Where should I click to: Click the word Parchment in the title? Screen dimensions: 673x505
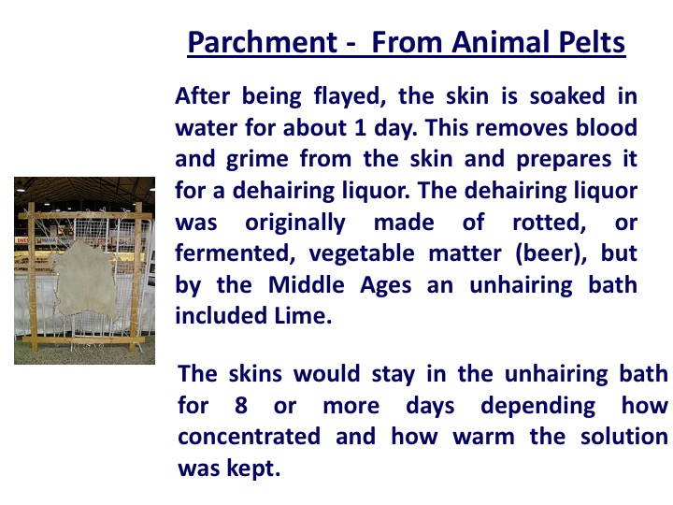(263, 43)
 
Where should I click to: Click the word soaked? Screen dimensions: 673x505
(567, 95)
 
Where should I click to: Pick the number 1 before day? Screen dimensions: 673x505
(360, 127)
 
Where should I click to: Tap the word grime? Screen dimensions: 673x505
(257, 160)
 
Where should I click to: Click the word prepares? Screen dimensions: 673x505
(564, 160)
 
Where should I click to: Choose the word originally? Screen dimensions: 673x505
(294, 223)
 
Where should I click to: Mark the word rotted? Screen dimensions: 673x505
(550, 223)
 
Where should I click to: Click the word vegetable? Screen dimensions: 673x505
(362, 253)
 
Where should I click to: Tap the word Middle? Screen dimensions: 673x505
(306, 284)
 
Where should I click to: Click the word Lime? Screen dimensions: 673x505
(303, 316)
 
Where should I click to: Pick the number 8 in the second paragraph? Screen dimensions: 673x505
(241, 405)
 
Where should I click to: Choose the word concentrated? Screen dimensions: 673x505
(249, 437)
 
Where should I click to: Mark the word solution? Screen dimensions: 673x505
(624, 436)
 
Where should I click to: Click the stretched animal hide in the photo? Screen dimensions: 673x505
(84, 279)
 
